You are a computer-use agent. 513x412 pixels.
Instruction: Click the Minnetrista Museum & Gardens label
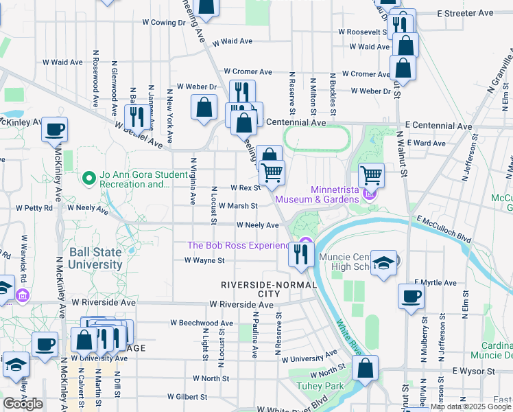[317, 194]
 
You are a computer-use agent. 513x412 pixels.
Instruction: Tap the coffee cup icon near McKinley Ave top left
[55, 128]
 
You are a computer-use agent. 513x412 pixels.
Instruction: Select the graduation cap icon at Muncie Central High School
[385, 263]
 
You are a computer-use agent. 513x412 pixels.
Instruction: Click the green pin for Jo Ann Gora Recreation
[88, 179]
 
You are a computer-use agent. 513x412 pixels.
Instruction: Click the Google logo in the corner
[23, 404]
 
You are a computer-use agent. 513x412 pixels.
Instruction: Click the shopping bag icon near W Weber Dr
[204, 107]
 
